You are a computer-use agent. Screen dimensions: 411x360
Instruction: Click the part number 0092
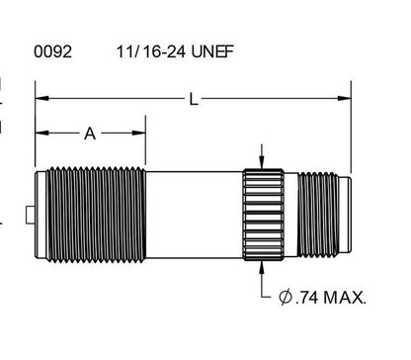52,51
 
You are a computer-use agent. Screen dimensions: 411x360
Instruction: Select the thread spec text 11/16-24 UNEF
175,51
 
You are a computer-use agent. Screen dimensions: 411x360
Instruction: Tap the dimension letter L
194,99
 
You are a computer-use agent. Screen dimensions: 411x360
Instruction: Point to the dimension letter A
90,134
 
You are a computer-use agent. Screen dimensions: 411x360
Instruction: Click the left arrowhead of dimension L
41,98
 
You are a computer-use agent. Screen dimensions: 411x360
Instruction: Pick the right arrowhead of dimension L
344,98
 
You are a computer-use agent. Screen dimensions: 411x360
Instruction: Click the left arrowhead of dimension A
41,133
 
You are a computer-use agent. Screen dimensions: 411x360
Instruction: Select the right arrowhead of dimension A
138,133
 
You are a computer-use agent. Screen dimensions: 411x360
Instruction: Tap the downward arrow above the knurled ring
262,156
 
